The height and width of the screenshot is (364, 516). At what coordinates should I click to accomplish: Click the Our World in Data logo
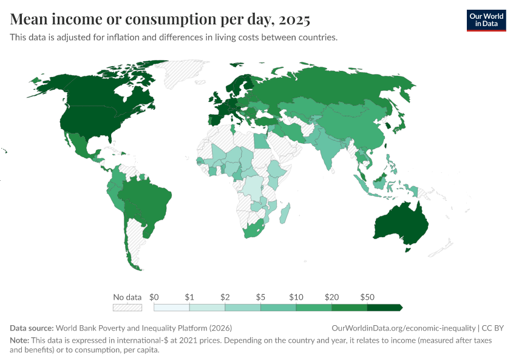tap(486, 20)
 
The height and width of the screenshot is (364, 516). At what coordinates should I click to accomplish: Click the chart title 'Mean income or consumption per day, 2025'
tap(160, 20)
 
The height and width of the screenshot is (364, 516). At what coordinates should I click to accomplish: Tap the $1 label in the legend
tap(189, 297)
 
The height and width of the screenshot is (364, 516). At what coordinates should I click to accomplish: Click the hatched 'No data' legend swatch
tap(127, 308)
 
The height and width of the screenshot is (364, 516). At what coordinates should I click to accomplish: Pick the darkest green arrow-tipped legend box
tap(385, 308)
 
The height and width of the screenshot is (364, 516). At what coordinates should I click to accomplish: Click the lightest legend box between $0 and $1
tap(172, 308)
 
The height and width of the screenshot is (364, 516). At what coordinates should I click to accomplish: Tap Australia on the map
tap(401, 224)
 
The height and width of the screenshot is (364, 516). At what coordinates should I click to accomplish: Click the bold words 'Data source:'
tap(32, 328)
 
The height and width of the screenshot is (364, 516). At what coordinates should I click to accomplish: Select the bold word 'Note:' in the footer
tap(19, 340)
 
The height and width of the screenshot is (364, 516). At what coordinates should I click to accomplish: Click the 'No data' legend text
tap(127, 297)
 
